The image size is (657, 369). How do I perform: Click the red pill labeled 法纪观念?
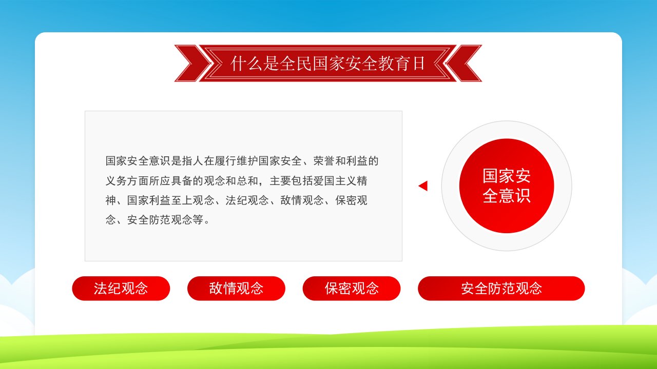[121, 288]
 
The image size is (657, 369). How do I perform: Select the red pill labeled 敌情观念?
[236, 288]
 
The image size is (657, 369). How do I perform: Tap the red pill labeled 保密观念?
[352, 288]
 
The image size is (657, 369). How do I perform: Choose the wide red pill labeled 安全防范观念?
[501, 288]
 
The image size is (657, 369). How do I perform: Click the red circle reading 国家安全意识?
[507, 186]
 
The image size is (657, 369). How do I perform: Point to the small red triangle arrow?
[423, 186]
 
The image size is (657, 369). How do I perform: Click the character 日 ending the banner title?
[418, 63]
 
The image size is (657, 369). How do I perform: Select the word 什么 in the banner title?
[246, 63]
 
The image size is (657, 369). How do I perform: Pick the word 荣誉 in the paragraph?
[324, 161]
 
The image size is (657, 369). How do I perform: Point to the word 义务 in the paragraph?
[116, 181]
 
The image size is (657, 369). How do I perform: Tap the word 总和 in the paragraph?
[247, 181]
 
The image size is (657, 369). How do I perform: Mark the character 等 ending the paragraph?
[198, 220]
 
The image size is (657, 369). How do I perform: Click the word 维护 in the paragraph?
[247, 161]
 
